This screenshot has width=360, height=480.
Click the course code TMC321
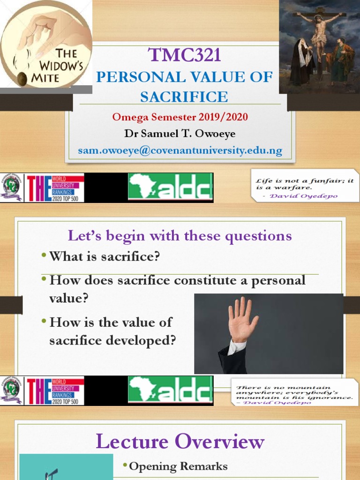point(184,56)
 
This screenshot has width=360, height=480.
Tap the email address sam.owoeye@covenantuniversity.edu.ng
point(180,150)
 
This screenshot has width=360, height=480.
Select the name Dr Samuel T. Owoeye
point(180,134)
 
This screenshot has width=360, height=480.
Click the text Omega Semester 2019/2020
point(180,117)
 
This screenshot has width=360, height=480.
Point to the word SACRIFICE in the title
point(184,97)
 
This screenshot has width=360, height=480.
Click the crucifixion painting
point(319,46)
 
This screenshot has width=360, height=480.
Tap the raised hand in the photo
point(241,319)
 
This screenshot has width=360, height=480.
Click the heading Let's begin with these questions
point(180,235)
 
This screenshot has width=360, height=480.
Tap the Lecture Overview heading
point(180,442)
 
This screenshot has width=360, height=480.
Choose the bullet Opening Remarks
point(178,466)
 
